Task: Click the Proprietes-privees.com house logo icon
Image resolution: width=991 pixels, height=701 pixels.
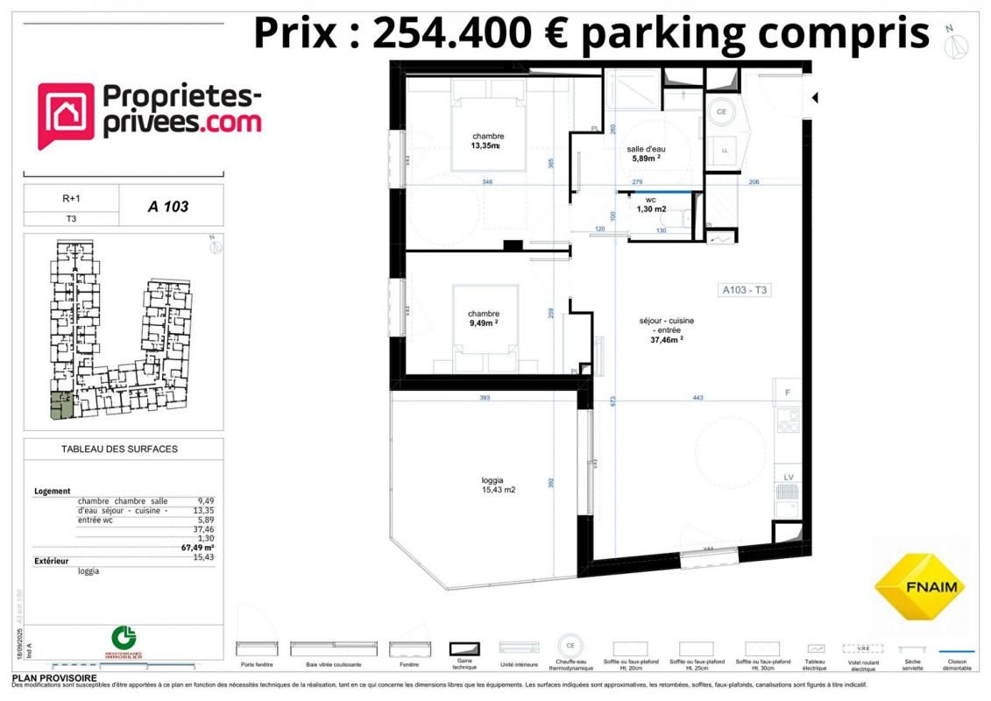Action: coord(66,117)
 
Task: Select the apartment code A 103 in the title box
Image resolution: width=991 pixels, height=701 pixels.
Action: coord(168,208)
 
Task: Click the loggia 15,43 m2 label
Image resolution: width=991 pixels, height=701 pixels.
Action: coord(498,485)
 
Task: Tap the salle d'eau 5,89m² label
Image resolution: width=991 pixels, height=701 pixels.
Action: coord(646,153)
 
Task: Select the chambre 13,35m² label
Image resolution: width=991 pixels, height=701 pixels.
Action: coord(486,141)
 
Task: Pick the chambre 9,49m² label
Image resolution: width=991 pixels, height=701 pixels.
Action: coord(483,318)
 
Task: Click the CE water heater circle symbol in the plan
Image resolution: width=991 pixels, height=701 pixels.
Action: coord(723,112)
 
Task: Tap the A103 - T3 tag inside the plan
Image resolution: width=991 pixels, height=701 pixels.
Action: coord(745,290)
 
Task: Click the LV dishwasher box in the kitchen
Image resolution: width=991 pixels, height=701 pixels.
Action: coord(788,477)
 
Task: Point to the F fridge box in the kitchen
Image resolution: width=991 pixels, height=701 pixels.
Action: coord(788,392)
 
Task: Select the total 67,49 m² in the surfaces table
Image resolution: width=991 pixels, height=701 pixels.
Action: coord(197,549)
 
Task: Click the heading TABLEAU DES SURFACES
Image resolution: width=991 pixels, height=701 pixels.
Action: coord(119,449)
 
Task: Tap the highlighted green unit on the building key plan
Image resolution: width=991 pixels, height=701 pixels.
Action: coord(62,406)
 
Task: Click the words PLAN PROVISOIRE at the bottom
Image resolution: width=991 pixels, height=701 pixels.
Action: coord(54,678)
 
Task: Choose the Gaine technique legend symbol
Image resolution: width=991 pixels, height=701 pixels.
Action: coord(465,649)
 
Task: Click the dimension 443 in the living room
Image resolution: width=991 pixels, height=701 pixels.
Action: coord(697,398)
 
